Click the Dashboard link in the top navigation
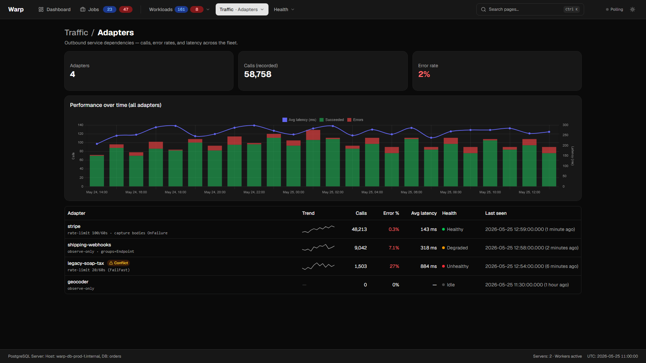(x=55, y=9)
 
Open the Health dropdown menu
(x=284, y=9)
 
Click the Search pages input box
(x=530, y=9)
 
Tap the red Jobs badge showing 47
(x=126, y=9)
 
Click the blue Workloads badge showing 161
(x=181, y=9)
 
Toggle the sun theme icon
(x=633, y=9)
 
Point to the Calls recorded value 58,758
(x=258, y=74)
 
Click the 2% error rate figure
(x=424, y=74)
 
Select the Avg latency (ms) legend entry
(x=299, y=120)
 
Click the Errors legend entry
(x=355, y=120)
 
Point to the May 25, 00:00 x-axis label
(x=293, y=192)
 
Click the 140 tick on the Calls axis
(x=80, y=125)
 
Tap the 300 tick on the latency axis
(x=565, y=125)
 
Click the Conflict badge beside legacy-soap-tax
(x=118, y=263)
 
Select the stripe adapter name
(x=74, y=226)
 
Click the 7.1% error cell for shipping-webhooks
(x=394, y=248)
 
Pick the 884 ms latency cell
(x=429, y=266)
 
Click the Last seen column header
(x=496, y=213)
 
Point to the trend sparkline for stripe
(x=318, y=229)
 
